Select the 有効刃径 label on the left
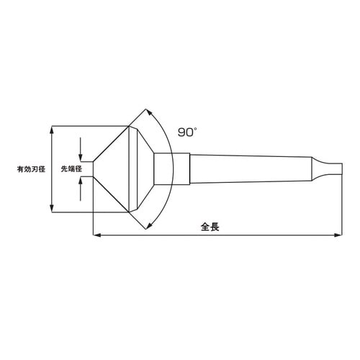coord(31,169)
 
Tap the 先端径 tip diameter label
coord(70,169)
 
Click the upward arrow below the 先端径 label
coord(82,184)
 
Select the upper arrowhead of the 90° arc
coord(149,112)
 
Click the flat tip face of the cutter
coord(93,169)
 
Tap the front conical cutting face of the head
coord(112,169)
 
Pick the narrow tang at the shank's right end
coord(328,169)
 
